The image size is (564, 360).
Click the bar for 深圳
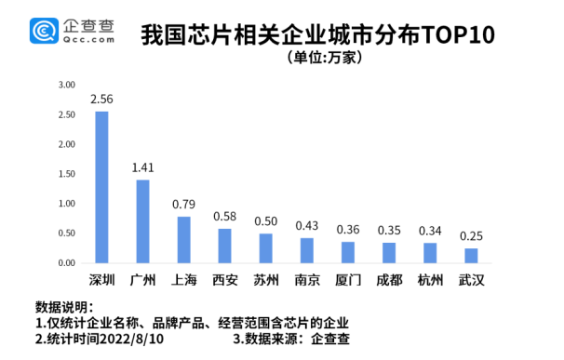click(101, 187)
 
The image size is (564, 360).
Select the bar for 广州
click(142, 221)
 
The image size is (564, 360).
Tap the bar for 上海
click(183, 240)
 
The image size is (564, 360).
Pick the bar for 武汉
click(471, 256)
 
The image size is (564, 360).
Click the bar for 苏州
click(266, 248)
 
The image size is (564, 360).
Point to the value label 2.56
click(101, 99)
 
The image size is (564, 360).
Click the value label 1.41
click(142, 167)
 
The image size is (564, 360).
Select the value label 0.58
click(224, 217)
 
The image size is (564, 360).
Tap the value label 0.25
click(471, 236)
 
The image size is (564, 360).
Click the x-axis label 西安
click(224, 280)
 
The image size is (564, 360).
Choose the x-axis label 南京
click(306, 280)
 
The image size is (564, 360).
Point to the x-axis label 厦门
click(348, 280)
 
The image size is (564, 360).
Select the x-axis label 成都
click(389, 280)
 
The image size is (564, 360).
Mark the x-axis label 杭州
click(430, 280)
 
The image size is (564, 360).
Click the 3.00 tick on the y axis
click(66, 85)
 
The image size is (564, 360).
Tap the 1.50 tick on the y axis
click(66, 174)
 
